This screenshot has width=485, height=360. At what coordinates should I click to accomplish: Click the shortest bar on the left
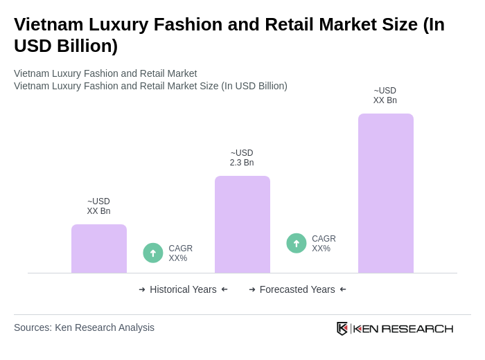coord(99,249)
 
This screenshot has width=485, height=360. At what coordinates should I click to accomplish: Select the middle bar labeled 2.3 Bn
coord(242,224)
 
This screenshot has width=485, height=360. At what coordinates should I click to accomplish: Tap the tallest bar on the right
coord(386,193)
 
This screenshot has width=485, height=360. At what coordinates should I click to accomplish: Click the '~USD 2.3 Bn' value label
coord(242,158)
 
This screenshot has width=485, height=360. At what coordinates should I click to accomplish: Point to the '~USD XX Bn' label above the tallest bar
coord(385,96)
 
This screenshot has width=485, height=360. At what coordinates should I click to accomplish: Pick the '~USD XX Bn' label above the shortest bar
coord(98,206)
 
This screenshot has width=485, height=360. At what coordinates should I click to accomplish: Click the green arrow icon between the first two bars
coord(153,253)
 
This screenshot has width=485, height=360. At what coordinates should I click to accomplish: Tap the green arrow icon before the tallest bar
coord(297,243)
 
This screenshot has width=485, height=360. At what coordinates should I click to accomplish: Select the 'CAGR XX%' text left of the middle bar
coord(180,253)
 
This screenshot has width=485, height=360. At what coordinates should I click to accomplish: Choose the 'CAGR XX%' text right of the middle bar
coord(324,244)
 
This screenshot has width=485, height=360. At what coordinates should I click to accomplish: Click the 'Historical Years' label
coord(183,289)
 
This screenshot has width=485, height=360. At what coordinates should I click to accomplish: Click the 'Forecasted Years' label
coord(297,289)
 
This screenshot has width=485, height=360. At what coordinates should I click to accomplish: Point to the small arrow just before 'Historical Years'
coord(142,289)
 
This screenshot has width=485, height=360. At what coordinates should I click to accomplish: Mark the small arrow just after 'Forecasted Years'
coord(343,289)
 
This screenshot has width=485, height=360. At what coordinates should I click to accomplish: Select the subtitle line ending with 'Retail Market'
coord(105,73)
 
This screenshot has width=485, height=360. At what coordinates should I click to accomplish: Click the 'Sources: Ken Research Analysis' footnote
coord(84,327)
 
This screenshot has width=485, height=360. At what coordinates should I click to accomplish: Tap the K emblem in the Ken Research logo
coord(342,328)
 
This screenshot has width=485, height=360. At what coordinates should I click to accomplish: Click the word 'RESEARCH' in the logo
coord(417,328)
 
